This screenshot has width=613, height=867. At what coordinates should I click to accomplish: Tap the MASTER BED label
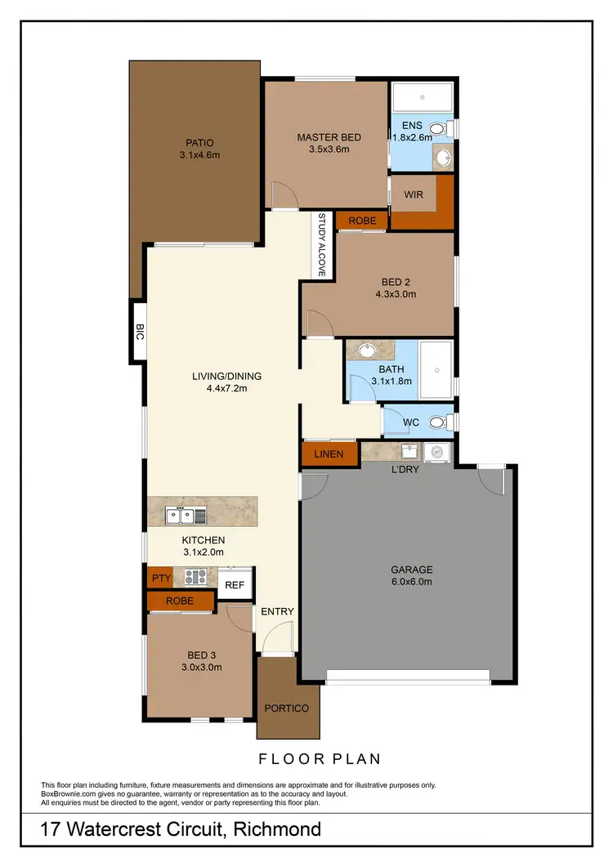point(329,137)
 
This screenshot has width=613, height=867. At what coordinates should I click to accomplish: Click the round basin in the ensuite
point(443,158)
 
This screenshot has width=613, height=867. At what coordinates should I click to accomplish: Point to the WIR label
point(414,196)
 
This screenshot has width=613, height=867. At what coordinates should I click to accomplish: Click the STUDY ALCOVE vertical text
point(322,245)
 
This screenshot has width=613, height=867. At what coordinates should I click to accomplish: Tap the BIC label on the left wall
point(140,332)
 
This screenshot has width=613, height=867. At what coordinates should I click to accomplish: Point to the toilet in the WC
point(438,422)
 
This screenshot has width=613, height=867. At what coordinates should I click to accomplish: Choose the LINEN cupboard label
point(329,454)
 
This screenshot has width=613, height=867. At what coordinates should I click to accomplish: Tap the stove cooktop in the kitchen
point(195,577)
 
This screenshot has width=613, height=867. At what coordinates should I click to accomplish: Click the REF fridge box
point(235,584)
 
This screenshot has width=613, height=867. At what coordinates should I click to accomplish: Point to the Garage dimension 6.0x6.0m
point(412,582)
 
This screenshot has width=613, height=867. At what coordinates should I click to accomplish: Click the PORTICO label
point(287,708)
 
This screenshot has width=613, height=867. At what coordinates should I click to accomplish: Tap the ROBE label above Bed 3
point(180,601)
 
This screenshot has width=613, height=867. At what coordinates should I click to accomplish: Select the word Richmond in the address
point(277,831)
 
